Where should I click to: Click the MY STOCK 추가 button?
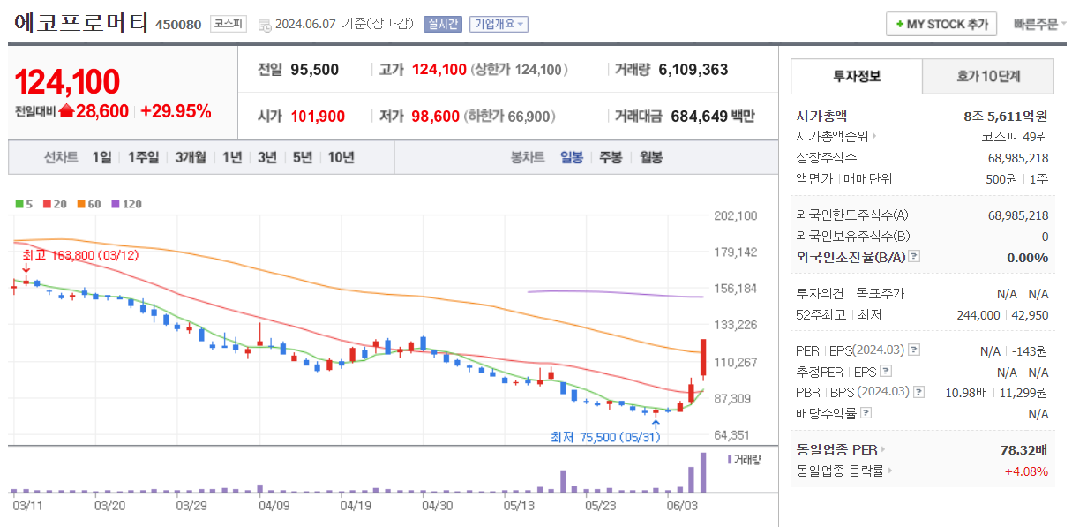pyautogui.click(x=941, y=24)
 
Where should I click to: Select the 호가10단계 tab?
pyautogui.click(x=987, y=77)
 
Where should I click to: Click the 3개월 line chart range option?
pyautogui.click(x=190, y=157)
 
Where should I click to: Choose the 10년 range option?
pyautogui.click(x=341, y=157)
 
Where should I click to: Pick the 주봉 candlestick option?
pyautogui.click(x=611, y=157)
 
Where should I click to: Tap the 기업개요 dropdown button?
pyautogui.click(x=499, y=24)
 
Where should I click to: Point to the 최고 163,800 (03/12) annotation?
pyautogui.click(x=79, y=254)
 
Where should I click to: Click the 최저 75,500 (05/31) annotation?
pyautogui.click(x=604, y=437)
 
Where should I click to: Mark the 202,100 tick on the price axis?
pyautogui.click(x=735, y=215)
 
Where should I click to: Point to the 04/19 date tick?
pyautogui.click(x=355, y=506)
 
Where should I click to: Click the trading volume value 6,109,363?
pyautogui.click(x=693, y=70)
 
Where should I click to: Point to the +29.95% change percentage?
pyautogui.click(x=176, y=111)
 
